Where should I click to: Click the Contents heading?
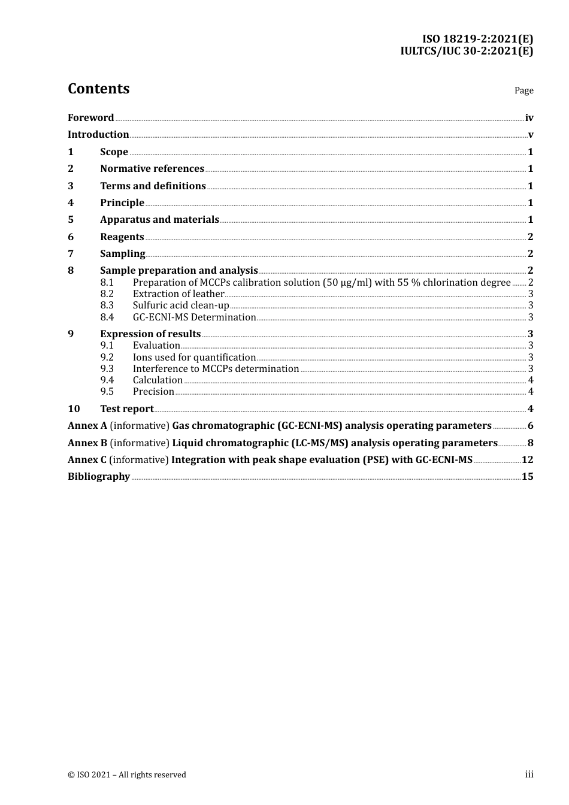[x=98, y=89]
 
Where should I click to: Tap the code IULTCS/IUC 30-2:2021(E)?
[x=467, y=51]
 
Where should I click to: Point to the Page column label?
[x=523, y=90]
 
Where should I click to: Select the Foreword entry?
[x=90, y=117]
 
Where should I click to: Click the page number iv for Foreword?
[x=529, y=118]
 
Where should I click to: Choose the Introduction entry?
[x=98, y=135]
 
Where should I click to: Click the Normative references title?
[x=152, y=169]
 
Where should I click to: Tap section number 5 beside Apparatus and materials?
[x=71, y=220]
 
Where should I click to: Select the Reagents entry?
[x=122, y=237]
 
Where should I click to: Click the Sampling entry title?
[x=122, y=254]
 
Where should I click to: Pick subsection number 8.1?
[x=107, y=283]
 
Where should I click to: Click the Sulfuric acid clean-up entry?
[x=181, y=305]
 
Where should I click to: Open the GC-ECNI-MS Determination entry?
[x=194, y=317]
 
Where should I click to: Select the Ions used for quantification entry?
[x=194, y=358]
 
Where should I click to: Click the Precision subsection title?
[x=153, y=392]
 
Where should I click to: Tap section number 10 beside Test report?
[x=74, y=409]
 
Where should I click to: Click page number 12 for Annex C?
[x=527, y=460]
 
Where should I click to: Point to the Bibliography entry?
[x=99, y=477]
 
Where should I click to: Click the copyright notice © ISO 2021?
[x=127, y=775]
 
